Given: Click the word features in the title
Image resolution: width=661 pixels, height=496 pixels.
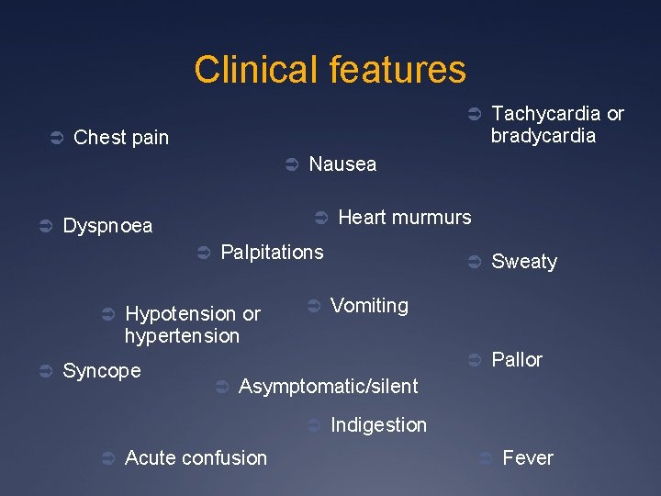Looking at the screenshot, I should tap(401, 70).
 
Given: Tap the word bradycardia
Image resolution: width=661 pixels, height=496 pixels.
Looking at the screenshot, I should tap(543, 136).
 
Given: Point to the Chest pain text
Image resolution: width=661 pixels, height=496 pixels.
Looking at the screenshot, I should tap(121, 138).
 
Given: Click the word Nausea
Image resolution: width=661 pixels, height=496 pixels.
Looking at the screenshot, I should tap(342, 164).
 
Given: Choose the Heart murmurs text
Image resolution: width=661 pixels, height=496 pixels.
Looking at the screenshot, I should tap(405, 218).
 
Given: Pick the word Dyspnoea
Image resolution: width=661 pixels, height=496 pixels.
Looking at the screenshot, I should tap(107, 226).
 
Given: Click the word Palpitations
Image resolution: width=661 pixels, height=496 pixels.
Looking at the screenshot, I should tap(273, 252).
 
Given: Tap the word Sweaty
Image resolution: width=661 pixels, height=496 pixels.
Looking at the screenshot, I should tap(524, 262).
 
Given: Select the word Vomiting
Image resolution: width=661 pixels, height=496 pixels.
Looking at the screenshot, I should tap(369, 306).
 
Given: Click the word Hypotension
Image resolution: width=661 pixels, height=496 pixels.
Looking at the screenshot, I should tap(181, 314).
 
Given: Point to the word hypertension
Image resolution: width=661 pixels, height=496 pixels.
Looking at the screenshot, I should tap(182, 336).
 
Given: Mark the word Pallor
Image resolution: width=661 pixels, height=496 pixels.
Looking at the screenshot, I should tap(517, 360).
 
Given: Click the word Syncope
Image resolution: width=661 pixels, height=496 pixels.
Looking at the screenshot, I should tap(101, 371).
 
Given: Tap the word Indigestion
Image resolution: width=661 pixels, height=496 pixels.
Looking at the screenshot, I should tap(378, 425).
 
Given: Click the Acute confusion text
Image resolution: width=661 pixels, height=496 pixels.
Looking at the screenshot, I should tap(196, 457).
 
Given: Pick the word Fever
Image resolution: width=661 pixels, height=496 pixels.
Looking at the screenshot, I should tap(528, 457).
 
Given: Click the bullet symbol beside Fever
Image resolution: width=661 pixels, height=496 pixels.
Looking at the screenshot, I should tap(487, 457).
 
